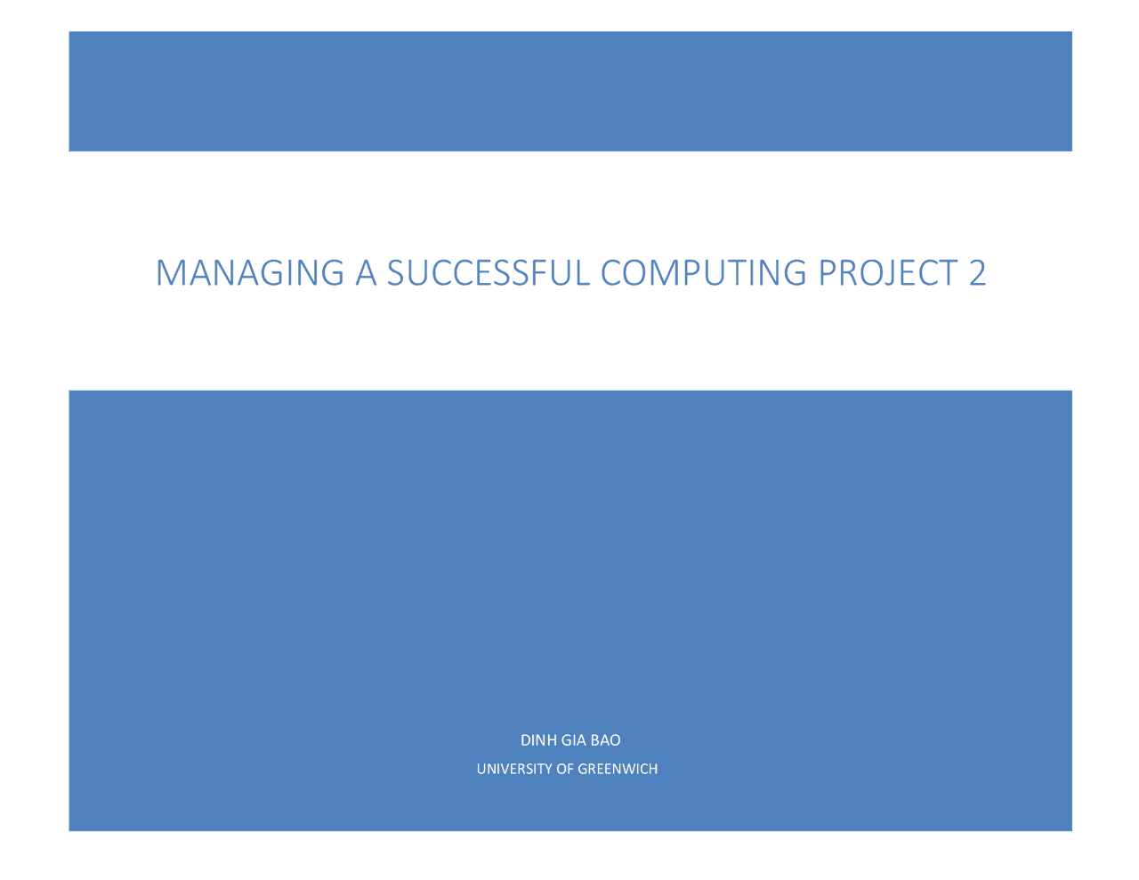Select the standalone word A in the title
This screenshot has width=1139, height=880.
click(366, 273)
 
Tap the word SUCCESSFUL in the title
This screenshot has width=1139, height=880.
click(489, 273)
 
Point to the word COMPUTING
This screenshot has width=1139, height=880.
click(703, 273)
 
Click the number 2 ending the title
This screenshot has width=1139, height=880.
click(977, 273)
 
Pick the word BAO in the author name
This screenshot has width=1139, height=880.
click(606, 740)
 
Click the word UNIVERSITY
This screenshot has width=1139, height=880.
click(514, 769)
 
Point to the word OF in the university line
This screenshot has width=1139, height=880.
click(565, 769)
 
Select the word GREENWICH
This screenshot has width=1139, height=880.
click(618, 769)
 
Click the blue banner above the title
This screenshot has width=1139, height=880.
click(569, 91)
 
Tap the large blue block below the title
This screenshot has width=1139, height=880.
click(569, 552)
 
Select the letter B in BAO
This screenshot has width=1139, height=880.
click(595, 740)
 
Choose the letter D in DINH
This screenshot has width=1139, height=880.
click(525, 740)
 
